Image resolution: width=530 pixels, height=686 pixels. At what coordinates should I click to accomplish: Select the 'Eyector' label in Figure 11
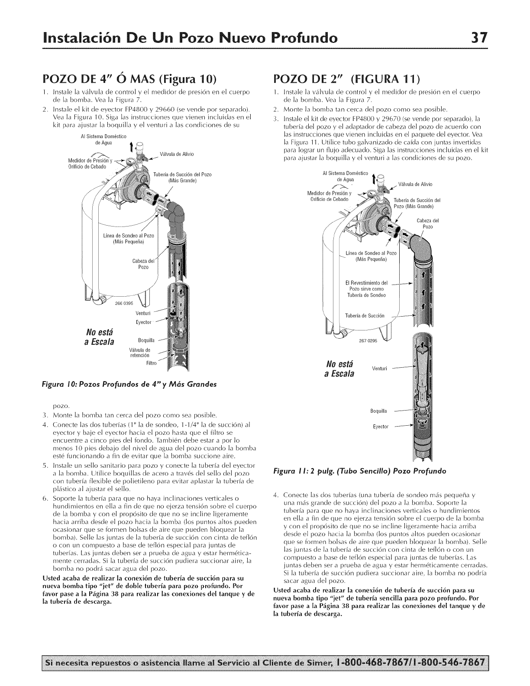(381, 426)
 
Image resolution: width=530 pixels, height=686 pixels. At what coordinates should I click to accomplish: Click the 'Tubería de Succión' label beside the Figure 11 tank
(362, 315)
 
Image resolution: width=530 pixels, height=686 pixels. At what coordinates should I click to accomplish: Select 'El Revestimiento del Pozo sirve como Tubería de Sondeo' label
(365, 289)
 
